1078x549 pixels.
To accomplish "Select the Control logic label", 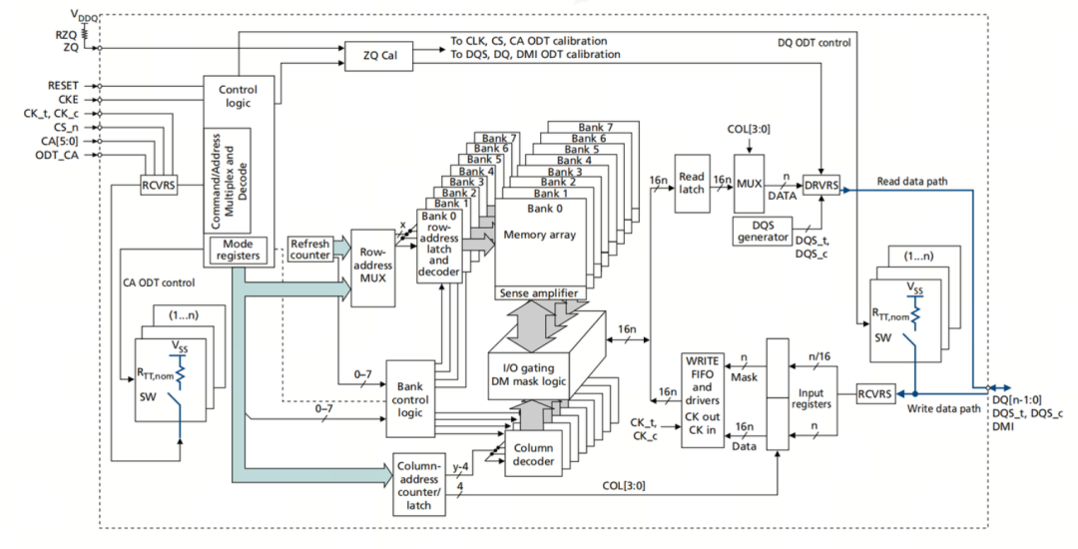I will coord(237,96).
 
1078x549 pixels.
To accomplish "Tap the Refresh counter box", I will coord(309,250).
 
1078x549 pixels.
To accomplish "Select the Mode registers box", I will coord(238,250).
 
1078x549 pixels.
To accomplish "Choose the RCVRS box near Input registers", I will coord(878,393).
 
